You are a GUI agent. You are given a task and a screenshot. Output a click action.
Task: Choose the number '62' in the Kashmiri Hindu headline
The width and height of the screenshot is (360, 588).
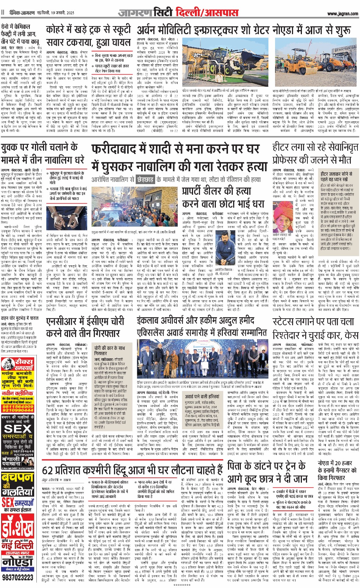48,470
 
